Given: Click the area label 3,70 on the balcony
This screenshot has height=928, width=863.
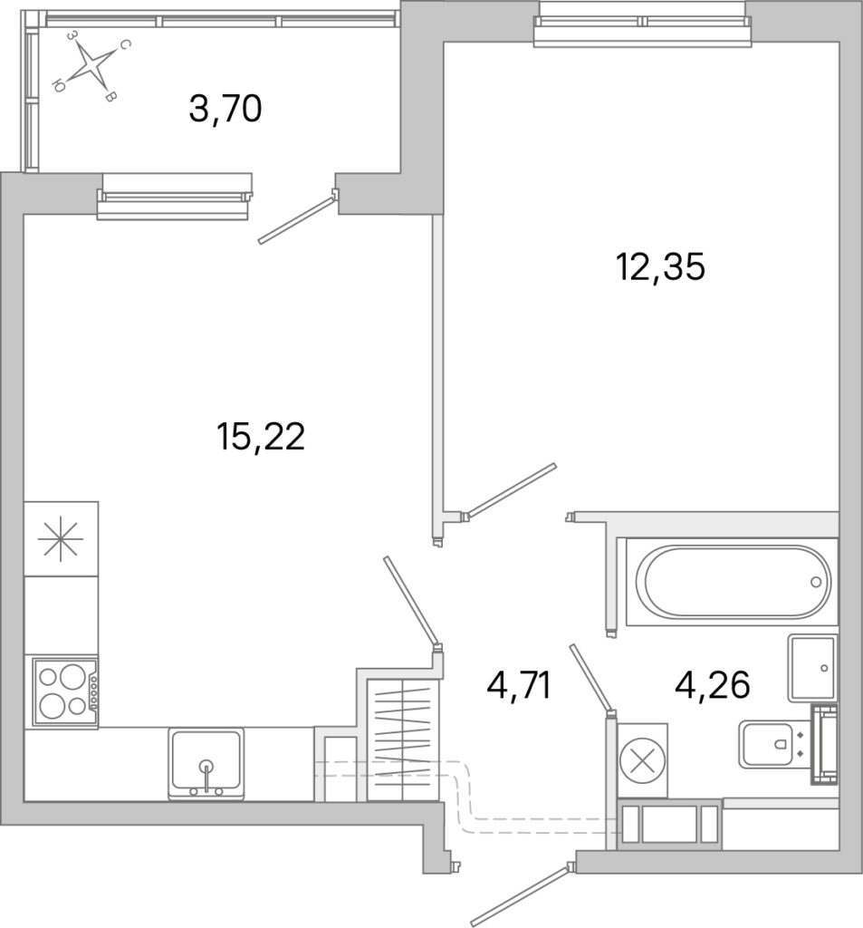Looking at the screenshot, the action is pos(225,110).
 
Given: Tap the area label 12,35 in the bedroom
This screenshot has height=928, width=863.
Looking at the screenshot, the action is pos(661,267).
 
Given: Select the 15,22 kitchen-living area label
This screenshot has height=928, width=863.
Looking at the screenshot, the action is pos(261,437).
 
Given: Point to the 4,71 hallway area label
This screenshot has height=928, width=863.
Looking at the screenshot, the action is pos(519,686).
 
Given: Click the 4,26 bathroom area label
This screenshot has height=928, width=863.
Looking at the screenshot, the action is pos(713,686).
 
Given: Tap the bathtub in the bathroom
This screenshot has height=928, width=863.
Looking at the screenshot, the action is pos(733,582).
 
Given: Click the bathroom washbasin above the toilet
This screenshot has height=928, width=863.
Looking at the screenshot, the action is pos(813,668).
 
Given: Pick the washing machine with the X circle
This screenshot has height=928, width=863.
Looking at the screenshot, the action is pos(642,760).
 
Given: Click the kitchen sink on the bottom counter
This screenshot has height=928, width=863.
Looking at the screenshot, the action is pos(206,764).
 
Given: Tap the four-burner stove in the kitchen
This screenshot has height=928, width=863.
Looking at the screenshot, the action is pos(62,691).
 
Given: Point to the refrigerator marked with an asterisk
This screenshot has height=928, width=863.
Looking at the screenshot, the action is pos(61,538).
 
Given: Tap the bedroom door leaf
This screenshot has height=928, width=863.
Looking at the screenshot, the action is pos(512,489).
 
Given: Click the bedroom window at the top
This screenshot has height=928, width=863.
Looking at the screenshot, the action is pos(642,24).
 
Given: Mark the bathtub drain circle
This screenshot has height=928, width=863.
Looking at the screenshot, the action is pos(816,583).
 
